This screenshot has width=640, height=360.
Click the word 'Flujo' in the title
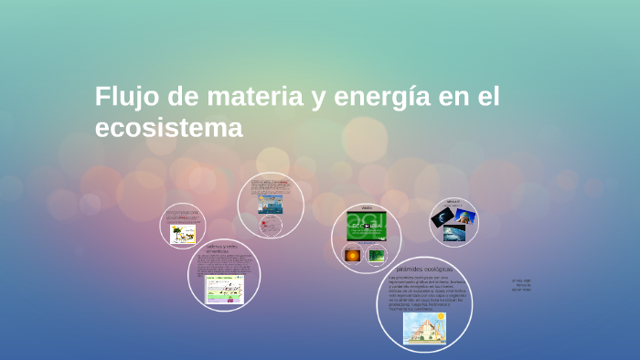coord(125,97)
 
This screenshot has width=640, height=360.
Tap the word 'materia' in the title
coord(251,97)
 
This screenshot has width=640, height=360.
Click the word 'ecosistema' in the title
coord(169,129)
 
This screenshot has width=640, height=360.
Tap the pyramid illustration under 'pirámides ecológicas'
coord(424,327)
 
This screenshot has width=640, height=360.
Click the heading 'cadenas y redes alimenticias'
coord(223,248)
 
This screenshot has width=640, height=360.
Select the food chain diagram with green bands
coord(224,288)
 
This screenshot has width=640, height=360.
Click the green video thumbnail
coord(366,226)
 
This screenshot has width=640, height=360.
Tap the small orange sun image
coord(353,255)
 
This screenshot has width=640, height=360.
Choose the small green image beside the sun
coord(376,255)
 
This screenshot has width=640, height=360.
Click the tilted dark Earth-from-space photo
coord(443,217)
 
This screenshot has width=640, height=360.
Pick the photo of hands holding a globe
coord(465,217)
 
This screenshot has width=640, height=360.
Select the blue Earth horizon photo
coord(454,233)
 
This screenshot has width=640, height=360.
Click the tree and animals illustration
coord(183,234)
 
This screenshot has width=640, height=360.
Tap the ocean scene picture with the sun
coord(270,204)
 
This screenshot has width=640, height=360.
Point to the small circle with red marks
coord(271,226)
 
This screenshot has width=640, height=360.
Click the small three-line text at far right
coord(522,285)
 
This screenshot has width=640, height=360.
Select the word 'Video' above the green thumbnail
coord(366,207)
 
